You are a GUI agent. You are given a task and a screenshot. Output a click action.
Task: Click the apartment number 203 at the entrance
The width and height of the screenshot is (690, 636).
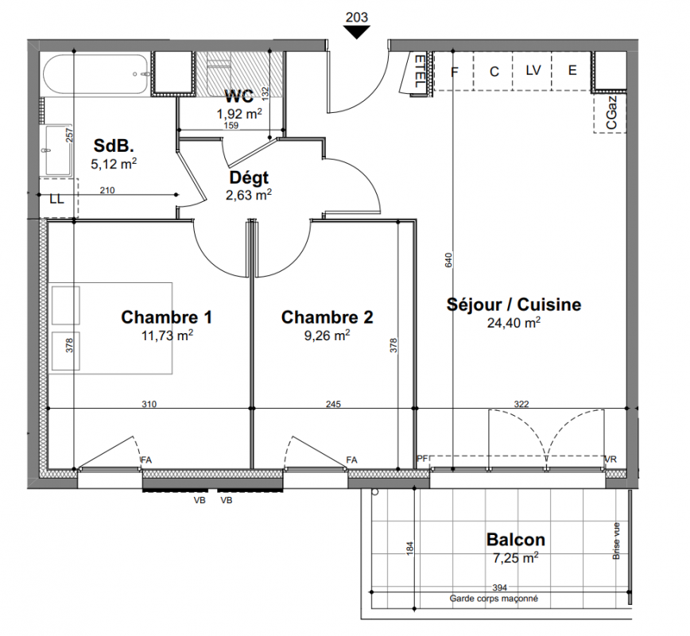(356, 17)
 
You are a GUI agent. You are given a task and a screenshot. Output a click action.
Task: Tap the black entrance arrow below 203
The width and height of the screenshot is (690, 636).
(356, 32)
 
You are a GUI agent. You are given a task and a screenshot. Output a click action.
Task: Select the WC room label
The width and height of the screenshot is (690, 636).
(239, 96)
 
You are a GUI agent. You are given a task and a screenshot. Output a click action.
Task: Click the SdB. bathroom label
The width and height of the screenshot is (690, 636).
(114, 145)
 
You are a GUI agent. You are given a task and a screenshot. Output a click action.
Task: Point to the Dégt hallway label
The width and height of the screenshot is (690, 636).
(249, 178)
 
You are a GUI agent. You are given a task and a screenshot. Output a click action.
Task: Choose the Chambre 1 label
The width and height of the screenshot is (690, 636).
(167, 317)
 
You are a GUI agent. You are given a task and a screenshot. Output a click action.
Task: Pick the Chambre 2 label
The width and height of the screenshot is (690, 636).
(327, 317)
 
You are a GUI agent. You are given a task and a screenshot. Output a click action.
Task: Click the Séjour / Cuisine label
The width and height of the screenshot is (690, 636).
(514, 304)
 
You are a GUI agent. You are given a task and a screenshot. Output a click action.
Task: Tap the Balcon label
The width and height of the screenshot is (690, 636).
(516, 540)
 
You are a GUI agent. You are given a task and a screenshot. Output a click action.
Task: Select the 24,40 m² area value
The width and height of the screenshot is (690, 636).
(514, 323)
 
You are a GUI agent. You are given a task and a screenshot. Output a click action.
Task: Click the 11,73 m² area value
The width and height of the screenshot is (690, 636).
(167, 335)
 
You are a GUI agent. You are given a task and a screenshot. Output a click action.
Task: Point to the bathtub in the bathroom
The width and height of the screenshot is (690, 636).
(97, 75)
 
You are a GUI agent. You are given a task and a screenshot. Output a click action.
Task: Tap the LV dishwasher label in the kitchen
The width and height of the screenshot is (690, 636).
(533, 70)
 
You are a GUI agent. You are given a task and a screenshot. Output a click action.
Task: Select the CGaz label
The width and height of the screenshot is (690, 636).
(611, 113)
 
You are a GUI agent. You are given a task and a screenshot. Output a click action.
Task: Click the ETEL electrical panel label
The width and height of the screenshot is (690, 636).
(420, 72)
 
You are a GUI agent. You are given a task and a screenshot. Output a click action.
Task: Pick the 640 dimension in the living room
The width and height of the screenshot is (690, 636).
(448, 260)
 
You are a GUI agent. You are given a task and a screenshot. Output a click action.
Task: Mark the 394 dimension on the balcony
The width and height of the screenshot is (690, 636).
(499, 588)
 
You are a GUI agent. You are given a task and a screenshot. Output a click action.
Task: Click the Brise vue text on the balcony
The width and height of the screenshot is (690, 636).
(616, 541)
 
